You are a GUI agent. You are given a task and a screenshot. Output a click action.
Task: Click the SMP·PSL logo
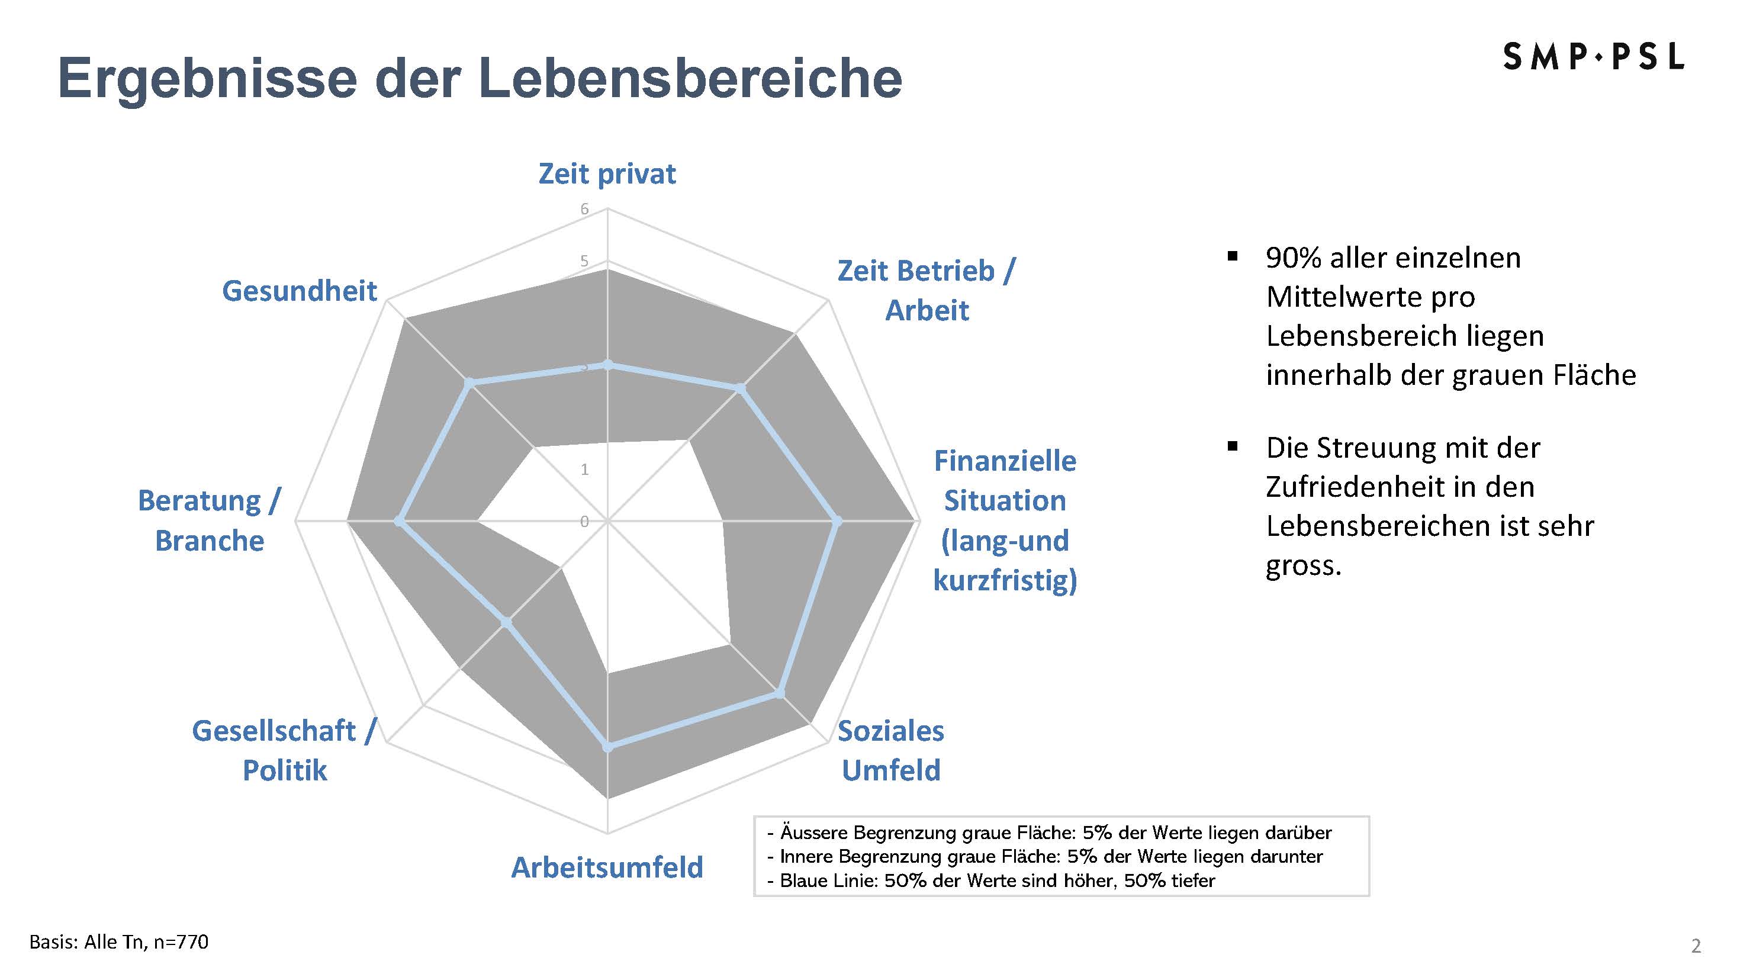point(1593,57)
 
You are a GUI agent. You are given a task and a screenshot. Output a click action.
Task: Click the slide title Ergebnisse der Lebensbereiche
point(480,78)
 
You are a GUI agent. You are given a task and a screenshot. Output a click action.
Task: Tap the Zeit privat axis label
point(607,174)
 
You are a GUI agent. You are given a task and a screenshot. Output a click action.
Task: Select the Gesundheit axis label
point(300,291)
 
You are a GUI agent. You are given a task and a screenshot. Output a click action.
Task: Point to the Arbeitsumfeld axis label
point(607,867)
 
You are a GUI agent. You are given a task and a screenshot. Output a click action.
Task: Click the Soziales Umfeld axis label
point(891,750)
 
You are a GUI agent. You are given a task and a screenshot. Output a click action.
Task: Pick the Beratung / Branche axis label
point(209,520)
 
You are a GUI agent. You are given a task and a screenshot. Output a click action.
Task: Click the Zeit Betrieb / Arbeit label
point(927,291)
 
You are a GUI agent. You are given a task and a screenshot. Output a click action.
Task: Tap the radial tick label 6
point(584,209)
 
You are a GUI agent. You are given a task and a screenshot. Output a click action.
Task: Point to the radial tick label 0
point(584,521)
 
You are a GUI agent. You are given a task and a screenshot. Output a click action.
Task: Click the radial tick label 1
point(584,470)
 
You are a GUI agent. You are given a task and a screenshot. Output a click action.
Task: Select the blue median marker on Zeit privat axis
point(607,365)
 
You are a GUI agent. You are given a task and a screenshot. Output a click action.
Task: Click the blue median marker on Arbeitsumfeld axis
point(607,747)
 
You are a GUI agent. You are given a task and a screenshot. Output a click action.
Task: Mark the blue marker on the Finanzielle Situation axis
point(838,521)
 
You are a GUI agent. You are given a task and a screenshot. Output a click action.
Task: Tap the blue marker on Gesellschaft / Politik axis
point(506,622)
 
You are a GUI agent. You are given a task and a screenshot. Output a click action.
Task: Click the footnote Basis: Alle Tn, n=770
point(118,942)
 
